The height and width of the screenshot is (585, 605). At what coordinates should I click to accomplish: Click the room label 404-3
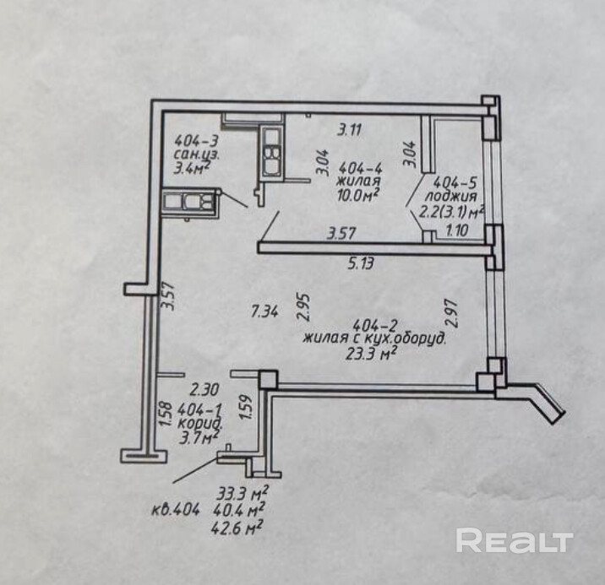point(192,140)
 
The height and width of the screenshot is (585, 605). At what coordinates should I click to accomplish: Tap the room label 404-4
point(358,167)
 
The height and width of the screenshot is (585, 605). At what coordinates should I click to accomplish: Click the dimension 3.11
point(350,130)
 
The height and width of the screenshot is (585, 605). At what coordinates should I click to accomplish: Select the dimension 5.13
point(360,263)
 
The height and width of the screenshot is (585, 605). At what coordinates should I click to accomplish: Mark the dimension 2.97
point(452,313)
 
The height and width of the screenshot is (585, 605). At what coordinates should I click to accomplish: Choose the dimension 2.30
point(204,389)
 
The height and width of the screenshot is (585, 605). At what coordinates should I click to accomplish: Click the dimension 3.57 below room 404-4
point(342,232)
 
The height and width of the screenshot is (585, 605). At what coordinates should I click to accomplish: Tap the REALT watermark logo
point(515,539)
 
